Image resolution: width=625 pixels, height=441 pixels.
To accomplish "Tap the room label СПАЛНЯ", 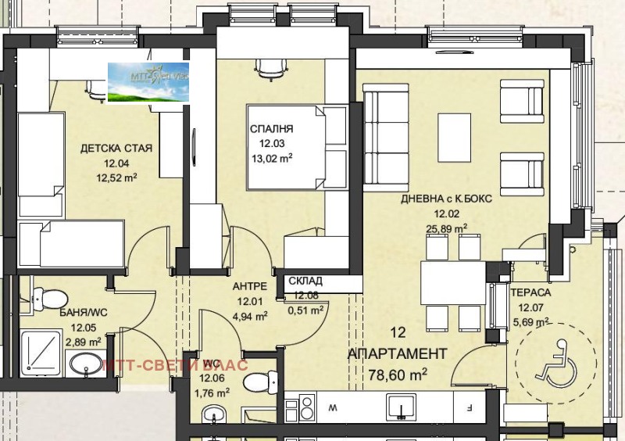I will click(x=272, y=129).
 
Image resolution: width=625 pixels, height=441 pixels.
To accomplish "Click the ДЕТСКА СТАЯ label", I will click(x=116, y=149).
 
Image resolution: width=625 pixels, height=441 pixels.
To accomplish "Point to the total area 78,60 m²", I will click(x=398, y=375).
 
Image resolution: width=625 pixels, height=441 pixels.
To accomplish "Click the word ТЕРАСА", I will click(x=531, y=292).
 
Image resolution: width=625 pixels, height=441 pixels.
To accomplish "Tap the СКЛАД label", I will click(x=305, y=281).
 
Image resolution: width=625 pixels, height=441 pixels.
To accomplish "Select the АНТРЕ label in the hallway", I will click(x=250, y=287).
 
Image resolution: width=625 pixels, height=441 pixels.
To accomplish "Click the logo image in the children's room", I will click(x=148, y=83).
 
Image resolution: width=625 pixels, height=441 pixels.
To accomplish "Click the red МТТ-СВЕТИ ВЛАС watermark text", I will click(x=175, y=364).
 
